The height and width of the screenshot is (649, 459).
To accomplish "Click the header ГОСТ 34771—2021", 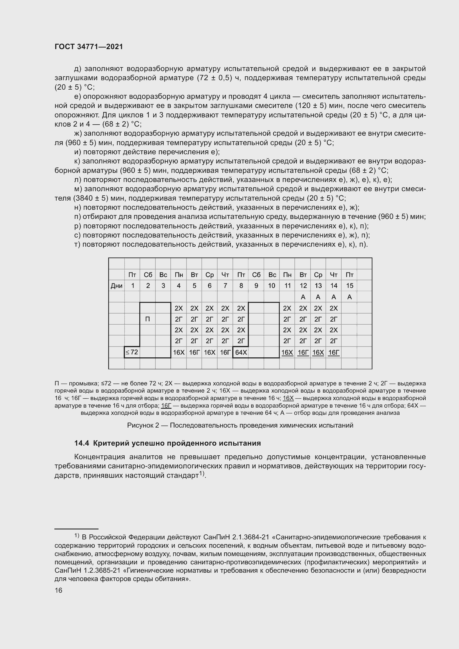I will point(89,47).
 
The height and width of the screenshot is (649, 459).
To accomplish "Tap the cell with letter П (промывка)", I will point(147,319).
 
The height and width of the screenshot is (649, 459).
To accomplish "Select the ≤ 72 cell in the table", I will point(132,352).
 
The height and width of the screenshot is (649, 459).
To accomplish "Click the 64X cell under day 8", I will point(241,352).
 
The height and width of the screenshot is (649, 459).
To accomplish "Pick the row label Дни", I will point(117,286).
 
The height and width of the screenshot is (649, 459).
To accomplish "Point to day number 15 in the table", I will point(350,286).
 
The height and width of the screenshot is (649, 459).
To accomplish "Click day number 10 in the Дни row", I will point(272,286).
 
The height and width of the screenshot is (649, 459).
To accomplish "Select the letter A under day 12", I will point(303,297).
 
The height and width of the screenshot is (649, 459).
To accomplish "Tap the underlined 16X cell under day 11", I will point(287,352).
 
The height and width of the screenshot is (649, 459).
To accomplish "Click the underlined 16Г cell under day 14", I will point(334,352).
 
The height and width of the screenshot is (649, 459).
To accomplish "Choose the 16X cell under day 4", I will point(179,352).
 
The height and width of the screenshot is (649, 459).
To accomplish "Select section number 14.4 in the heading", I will point(82,443).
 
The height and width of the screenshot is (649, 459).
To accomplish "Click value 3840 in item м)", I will point(83,198).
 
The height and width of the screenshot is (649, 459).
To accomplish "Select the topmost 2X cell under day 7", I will point(225,308).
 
